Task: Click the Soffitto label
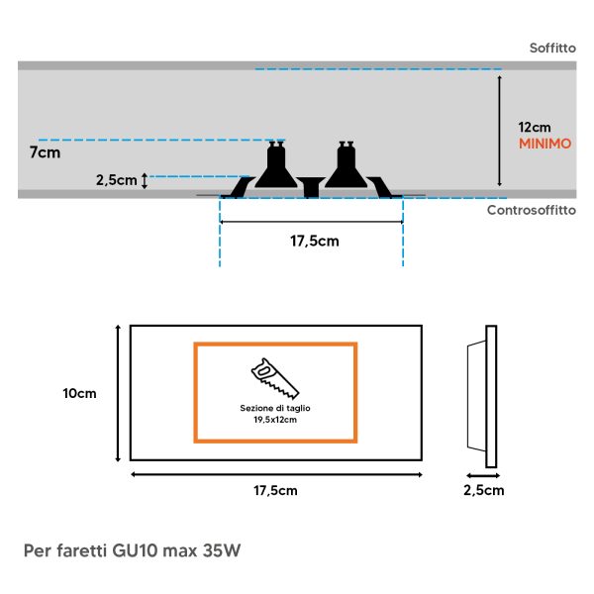552,49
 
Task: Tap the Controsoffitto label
532,210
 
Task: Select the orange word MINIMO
544,144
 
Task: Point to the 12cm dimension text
535,128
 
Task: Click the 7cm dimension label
46,152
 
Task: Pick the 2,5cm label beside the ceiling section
116,180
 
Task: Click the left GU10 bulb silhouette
276,164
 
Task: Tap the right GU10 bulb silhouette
346,164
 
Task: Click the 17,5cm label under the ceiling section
315,241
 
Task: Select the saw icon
275,378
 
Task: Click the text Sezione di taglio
275,408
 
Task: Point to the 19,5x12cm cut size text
275,420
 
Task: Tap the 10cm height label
79,393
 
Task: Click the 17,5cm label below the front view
275,491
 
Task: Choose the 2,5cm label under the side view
484,490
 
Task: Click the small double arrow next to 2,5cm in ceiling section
144,181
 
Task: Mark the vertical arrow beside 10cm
118,393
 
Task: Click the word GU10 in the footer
135,550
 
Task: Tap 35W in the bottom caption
222,550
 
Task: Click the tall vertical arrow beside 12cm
500,131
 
